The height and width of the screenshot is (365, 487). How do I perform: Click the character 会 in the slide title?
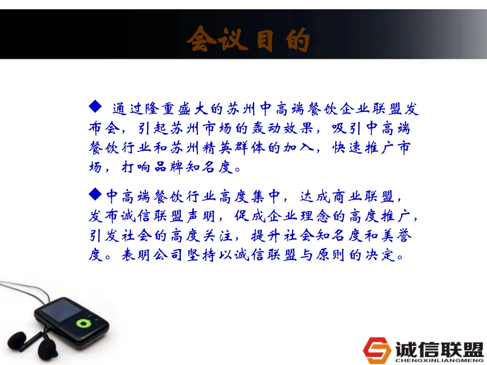[200, 40]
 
